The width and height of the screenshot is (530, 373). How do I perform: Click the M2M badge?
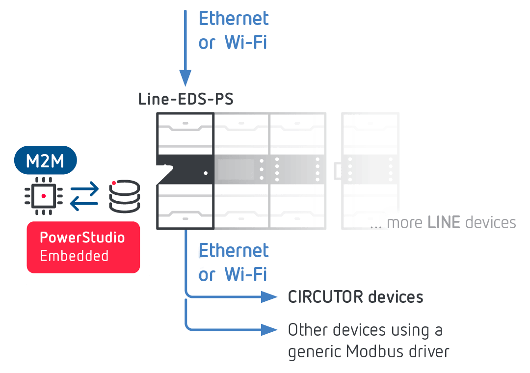45,161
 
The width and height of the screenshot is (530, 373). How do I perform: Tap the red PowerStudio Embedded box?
83,247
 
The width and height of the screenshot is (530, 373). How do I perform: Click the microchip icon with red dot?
44,196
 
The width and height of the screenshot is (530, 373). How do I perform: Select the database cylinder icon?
125,196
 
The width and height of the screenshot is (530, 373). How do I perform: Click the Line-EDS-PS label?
185,100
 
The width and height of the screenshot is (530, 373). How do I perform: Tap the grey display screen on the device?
236,169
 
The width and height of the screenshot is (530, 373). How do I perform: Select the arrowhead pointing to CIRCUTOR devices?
269,296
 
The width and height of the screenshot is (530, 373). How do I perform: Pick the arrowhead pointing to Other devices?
269,329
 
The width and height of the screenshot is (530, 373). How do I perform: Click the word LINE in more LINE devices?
444,222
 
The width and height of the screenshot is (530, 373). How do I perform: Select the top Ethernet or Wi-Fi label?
234,30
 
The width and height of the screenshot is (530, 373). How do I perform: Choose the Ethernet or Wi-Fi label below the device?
234,263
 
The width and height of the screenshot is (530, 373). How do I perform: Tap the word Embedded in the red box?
74,256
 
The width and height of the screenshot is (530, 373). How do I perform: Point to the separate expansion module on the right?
370,170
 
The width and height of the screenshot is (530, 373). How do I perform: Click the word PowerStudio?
82,238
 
